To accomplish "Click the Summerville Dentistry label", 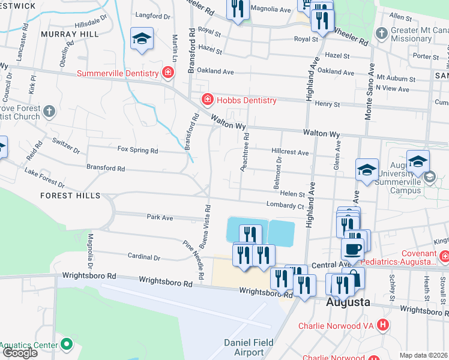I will (118, 74).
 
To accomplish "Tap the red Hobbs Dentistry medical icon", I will (207, 99).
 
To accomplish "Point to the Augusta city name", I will (348, 302).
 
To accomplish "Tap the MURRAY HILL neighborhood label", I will (70, 35).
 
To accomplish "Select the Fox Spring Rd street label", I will (137, 150).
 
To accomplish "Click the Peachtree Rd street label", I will (246, 153).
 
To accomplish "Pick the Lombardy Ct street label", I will (286, 206).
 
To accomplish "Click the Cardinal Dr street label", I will (144, 256).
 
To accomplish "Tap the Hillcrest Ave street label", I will (290, 153).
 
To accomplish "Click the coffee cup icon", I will (352, 248).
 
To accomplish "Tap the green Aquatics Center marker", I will (66, 344).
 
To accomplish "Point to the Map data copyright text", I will (424, 355).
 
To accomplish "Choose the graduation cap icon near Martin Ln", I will (142, 38).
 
